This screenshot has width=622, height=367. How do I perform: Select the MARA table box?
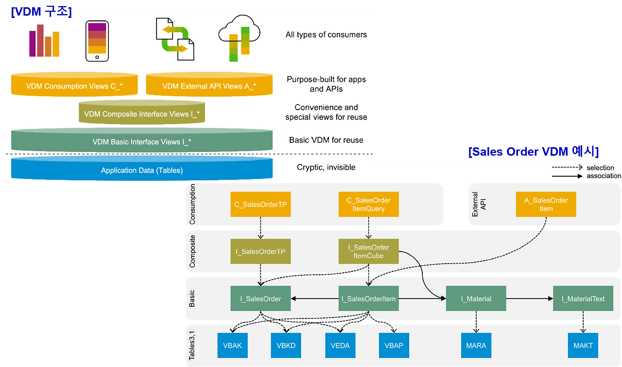click(x=475, y=346)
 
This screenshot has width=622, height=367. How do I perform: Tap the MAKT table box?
click(x=583, y=346)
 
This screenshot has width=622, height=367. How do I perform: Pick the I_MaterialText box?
click(x=583, y=299)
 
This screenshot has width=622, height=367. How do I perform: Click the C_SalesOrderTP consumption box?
click(x=260, y=204)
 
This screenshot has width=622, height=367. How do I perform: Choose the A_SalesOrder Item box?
click(x=546, y=204)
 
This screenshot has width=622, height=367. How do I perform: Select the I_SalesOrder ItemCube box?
click(x=368, y=251)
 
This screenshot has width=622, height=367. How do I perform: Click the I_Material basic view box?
click(x=476, y=299)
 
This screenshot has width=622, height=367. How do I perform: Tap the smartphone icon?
click(x=97, y=41)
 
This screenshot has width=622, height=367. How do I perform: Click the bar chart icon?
click(x=44, y=41)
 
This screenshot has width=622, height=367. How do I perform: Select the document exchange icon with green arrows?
click(x=174, y=39)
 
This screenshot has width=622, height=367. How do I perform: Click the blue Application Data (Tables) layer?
click(x=141, y=170)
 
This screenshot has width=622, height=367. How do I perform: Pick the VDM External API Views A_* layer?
click(x=209, y=86)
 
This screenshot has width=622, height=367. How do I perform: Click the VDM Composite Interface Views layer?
click(x=141, y=114)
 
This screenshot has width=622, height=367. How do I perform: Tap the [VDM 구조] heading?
click(x=41, y=12)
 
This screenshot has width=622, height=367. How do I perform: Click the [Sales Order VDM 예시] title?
click(x=534, y=151)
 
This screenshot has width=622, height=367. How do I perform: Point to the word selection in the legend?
click(x=600, y=167)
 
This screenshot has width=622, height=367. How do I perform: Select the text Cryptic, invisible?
click(x=326, y=167)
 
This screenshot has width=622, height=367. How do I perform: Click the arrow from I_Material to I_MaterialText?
click(x=529, y=299)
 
